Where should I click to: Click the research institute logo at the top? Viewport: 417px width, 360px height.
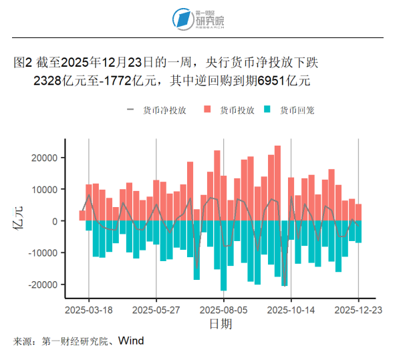point(198,19)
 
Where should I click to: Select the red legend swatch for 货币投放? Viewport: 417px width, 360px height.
point(208,110)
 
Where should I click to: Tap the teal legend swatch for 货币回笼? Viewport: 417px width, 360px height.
point(268,110)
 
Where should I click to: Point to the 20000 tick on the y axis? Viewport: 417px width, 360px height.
point(46,158)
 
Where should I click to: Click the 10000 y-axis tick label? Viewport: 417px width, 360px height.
point(46,190)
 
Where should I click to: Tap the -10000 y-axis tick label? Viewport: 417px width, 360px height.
point(45,252)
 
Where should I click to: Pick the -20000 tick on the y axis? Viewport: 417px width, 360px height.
point(45,285)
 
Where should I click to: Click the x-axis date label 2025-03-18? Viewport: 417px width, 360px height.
point(89,310)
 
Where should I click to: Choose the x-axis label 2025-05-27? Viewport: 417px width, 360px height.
point(156,310)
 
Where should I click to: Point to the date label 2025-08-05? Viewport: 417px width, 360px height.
point(224,310)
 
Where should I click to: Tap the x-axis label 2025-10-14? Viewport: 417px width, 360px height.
point(291,310)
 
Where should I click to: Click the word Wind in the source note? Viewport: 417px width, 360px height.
point(131,341)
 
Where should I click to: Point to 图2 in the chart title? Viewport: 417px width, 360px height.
point(23,63)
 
